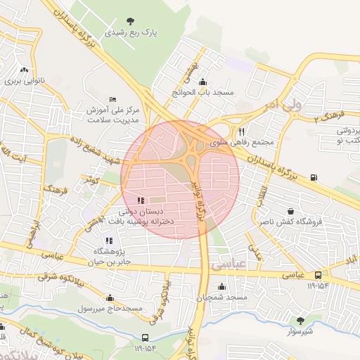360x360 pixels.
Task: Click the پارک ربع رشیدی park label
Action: [x=131, y=32]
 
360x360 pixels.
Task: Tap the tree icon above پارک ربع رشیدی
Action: [x=129, y=21]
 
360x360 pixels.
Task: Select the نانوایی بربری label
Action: [x=25, y=81]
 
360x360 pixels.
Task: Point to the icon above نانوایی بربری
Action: [x=25, y=70]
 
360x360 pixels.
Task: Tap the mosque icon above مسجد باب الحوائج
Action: [x=203, y=81]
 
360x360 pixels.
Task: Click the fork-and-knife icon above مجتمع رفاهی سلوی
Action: [x=241, y=131]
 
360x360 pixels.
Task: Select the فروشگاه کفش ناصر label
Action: [x=290, y=221]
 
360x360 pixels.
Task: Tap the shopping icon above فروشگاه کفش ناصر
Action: [x=291, y=211]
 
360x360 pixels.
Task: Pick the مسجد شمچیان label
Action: [x=222, y=297]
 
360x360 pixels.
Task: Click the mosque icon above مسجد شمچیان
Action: [x=222, y=286]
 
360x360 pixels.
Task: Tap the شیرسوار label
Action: [x=300, y=330]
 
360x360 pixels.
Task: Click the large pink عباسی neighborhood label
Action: [x=227, y=265]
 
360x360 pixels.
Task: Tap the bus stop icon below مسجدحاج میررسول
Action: [x=145, y=337]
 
